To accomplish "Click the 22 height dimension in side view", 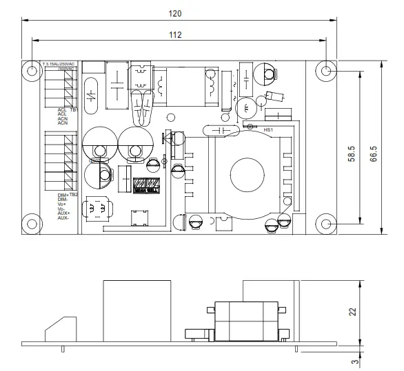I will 353,312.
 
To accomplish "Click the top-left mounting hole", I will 32,70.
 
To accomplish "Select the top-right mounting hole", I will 327,70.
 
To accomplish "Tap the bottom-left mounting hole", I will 32,224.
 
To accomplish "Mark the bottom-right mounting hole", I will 327,224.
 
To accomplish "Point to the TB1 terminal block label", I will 74,109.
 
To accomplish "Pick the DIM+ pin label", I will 61,195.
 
